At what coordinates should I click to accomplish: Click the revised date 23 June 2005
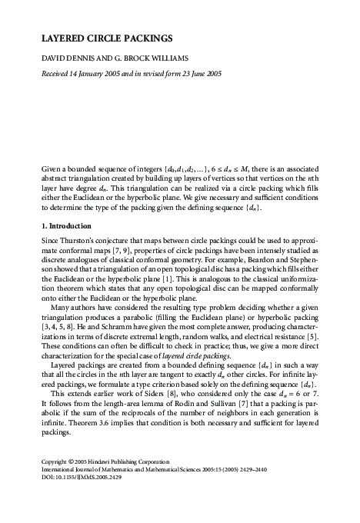pos(198,75)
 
